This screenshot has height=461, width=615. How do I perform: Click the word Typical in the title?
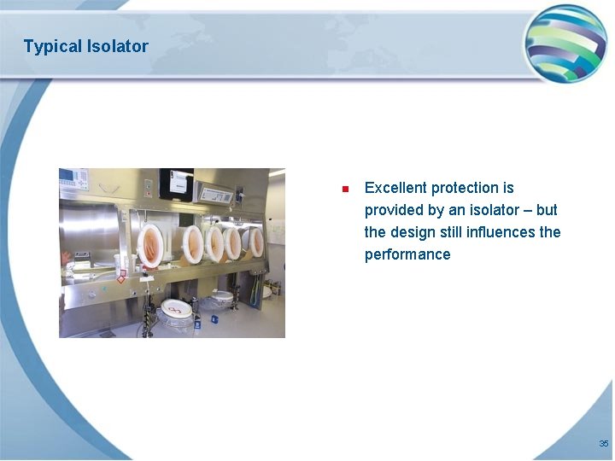tap(52, 46)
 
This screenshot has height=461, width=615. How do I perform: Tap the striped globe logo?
tap(565, 43)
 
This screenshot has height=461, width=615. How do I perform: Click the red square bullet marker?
tap(343, 189)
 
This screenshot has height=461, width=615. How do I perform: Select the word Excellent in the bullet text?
tap(395, 188)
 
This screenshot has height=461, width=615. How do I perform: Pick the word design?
tap(413, 232)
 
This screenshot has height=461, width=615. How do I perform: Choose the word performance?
tap(407, 254)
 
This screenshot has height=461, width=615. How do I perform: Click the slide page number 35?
tap(603, 444)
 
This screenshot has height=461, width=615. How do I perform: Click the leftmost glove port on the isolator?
tap(151, 244)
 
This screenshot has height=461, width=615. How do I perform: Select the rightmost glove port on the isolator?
tap(255, 242)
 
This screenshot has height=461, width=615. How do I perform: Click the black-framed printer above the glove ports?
tap(176, 183)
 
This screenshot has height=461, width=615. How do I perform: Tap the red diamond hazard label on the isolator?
tap(121, 277)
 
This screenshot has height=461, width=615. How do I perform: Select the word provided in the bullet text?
tap(391, 210)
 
